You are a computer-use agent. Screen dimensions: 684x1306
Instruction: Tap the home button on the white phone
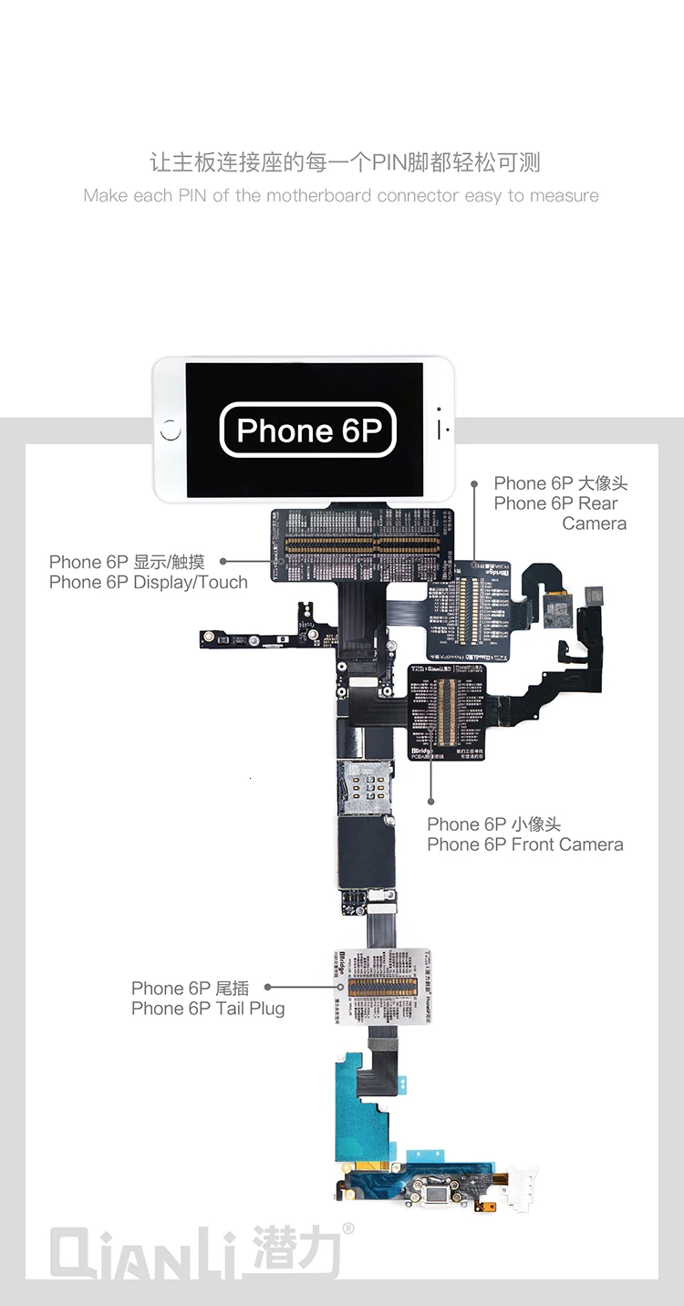171,430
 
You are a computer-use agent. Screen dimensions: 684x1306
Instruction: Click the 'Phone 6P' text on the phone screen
307,430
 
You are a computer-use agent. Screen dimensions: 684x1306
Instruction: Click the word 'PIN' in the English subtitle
192,195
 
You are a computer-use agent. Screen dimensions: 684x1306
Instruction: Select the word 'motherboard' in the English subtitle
318,195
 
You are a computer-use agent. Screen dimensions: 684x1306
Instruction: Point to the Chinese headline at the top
345,162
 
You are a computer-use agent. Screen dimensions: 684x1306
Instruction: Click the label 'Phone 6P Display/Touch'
149,582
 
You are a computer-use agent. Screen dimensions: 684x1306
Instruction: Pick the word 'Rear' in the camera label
598,503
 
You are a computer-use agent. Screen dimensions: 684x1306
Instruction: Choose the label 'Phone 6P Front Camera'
525,845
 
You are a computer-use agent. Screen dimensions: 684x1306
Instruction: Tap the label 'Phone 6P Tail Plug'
208,1008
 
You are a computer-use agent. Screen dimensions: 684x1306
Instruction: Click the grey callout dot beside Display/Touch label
223,562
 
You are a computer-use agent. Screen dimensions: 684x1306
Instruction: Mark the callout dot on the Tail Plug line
267,987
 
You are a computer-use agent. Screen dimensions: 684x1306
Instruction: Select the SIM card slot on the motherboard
368,786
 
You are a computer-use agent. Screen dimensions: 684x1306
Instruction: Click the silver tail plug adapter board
381,986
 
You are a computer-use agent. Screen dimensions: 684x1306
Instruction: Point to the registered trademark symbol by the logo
347,1228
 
